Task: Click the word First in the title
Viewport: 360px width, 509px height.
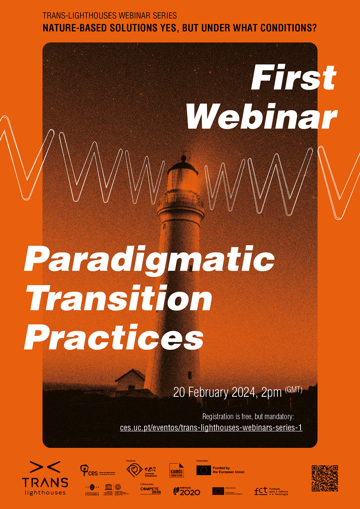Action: pos(293,77)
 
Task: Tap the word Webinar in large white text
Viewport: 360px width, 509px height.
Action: pos(262,116)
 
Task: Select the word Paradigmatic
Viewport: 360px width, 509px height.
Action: pos(149,260)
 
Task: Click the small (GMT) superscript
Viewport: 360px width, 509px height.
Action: pos(293,390)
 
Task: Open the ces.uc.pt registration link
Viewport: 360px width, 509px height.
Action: pos(211,427)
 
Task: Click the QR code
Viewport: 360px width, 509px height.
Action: pos(325,478)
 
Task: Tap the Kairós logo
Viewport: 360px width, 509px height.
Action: pos(176,470)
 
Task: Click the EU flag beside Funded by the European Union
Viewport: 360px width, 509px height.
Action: pos(204,470)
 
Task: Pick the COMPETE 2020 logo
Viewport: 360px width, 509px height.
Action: pos(151,490)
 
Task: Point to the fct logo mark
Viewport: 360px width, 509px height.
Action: pos(260,491)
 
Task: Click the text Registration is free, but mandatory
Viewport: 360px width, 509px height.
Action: pos(248,417)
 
